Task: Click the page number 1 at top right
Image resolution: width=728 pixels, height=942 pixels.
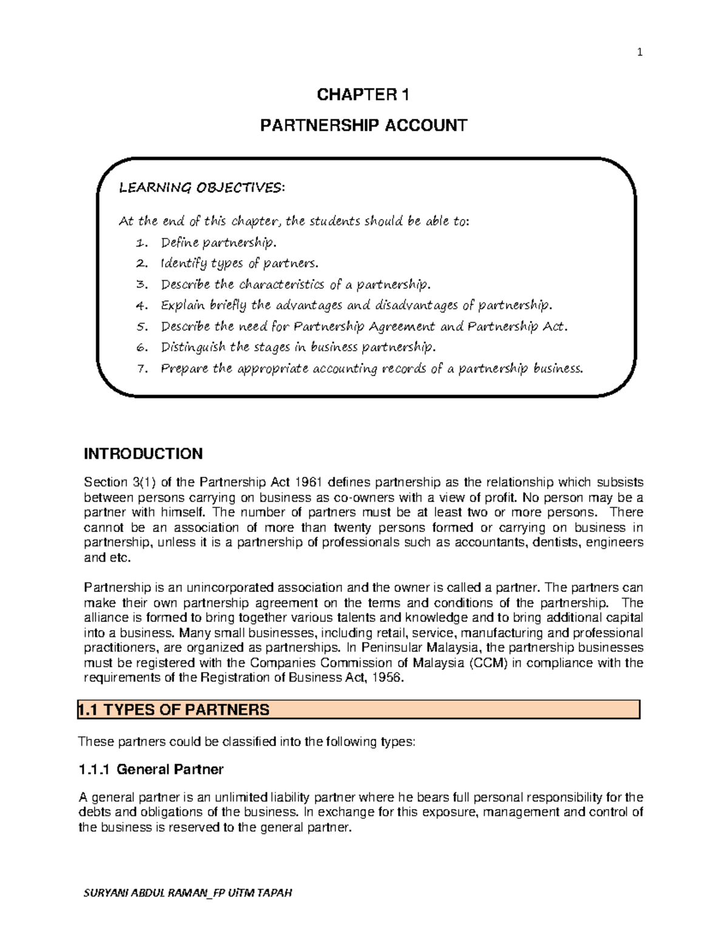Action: tap(639, 53)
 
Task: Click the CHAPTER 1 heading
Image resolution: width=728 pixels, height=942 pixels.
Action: tap(363, 95)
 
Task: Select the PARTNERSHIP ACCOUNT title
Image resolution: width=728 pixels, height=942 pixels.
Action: tap(363, 126)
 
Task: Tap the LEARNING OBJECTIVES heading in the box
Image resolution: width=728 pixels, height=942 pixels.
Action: tap(201, 187)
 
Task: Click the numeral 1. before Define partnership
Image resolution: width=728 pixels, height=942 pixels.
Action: tap(141, 243)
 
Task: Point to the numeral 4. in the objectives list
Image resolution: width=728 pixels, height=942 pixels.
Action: tap(142, 305)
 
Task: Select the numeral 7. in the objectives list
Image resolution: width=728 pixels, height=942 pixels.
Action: tap(142, 368)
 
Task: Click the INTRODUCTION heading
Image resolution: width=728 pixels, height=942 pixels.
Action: tap(143, 454)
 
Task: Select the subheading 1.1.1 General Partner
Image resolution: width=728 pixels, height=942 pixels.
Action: tap(151, 769)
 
